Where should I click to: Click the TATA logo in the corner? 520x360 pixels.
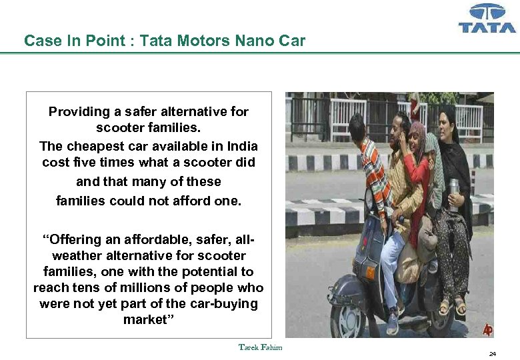pos(487,19)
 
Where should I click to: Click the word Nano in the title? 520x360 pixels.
pos(253,41)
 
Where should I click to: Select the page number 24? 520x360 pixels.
pos(492,354)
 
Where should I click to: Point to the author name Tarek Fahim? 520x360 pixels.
pos(260,347)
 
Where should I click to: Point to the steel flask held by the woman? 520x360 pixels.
pos(453,193)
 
